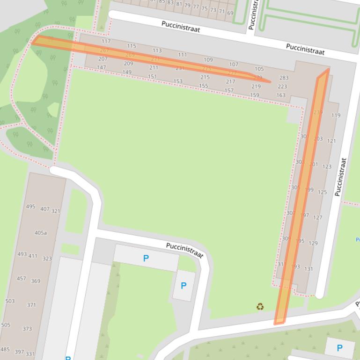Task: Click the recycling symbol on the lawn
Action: click(x=260, y=307)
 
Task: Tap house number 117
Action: click(x=106, y=41)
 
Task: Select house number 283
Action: click(x=284, y=78)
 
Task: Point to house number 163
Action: click(x=280, y=95)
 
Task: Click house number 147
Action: click(x=101, y=67)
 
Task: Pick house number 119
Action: click(x=336, y=115)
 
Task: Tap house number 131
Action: click(x=309, y=269)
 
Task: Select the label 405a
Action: click(x=40, y=233)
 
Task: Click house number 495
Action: click(x=30, y=206)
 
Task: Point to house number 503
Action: click(x=10, y=301)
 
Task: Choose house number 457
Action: click(x=21, y=278)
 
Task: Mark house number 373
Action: click(x=27, y=329)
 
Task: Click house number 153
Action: click(x=178, y=81)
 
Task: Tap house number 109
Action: click(x=208, y=59)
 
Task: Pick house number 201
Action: click(x=313, y=164)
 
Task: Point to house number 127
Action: click(x=318, y=217)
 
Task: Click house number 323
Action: click(x=47, y=258)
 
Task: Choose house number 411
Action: click(x=33, y=256)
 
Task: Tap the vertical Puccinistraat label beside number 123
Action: click(x=341, y=177)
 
